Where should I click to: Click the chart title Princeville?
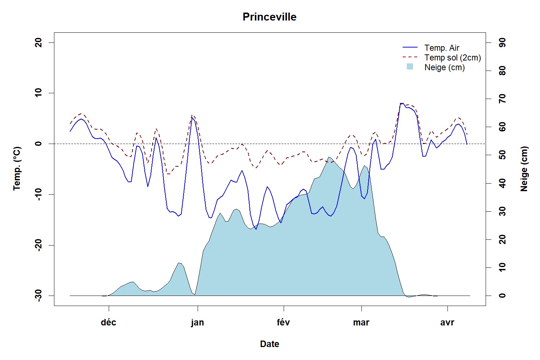tap(269, 17)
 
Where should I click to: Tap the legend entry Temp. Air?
tap(442, 48)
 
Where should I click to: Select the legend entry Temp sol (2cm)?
tap(453, 58)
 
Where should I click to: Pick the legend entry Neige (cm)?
tap(445, 67)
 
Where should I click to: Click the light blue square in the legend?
tap(410, 67)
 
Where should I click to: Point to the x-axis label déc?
tap(108, 322)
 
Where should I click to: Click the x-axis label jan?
tap(197, 322)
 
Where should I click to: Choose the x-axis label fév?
tap(283, 322)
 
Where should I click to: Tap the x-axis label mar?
tap(361, 322)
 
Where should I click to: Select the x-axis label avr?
tap(447, 322)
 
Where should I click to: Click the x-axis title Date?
tap(270, 344)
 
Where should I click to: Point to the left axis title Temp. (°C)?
tap(17, 168)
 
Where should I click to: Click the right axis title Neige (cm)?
tap(524, 168)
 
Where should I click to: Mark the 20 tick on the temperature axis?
tap(39, 42)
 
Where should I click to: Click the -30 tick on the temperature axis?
tap(39, 296)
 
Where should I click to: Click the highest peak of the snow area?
tap(329, 157)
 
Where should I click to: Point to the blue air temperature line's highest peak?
tap(402, 103)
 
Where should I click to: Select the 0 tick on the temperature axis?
tap(39, 144)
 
